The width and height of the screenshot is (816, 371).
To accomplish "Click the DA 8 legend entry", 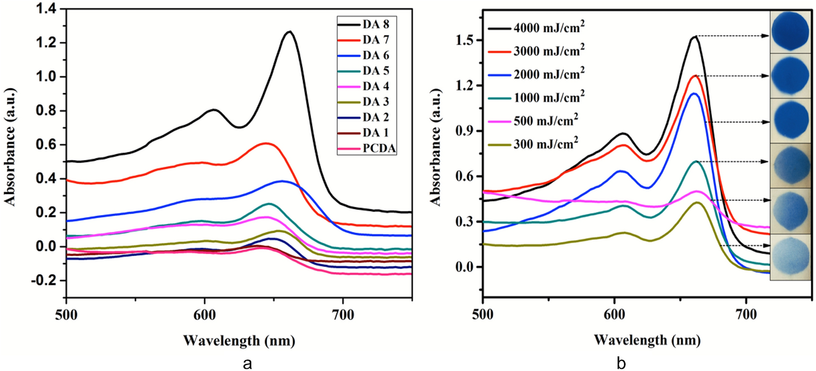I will [x=371, y=24].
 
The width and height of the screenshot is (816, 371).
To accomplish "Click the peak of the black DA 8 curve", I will [x=290, y=32].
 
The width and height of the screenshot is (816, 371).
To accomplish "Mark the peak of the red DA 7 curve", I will [x=265, y=143].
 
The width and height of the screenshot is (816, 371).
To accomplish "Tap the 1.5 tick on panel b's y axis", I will [x=463, y=40].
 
